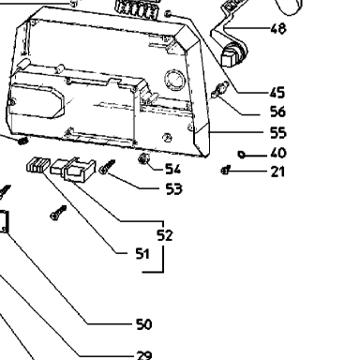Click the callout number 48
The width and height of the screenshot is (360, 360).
pos(278,28)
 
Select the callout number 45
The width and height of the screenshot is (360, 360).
pos(277,93)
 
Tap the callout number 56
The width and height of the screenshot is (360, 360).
pos(277,112)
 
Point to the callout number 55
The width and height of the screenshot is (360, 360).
pos(277,132)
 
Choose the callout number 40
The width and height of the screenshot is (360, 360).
pos(278,153)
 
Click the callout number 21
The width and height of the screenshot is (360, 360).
pos(277,172)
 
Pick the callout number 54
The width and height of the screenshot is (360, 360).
pos(172,169)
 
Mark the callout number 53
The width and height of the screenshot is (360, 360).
pos(173,188)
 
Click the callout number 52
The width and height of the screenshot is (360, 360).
pos(165,235)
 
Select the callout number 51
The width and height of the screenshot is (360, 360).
pos(142,253)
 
